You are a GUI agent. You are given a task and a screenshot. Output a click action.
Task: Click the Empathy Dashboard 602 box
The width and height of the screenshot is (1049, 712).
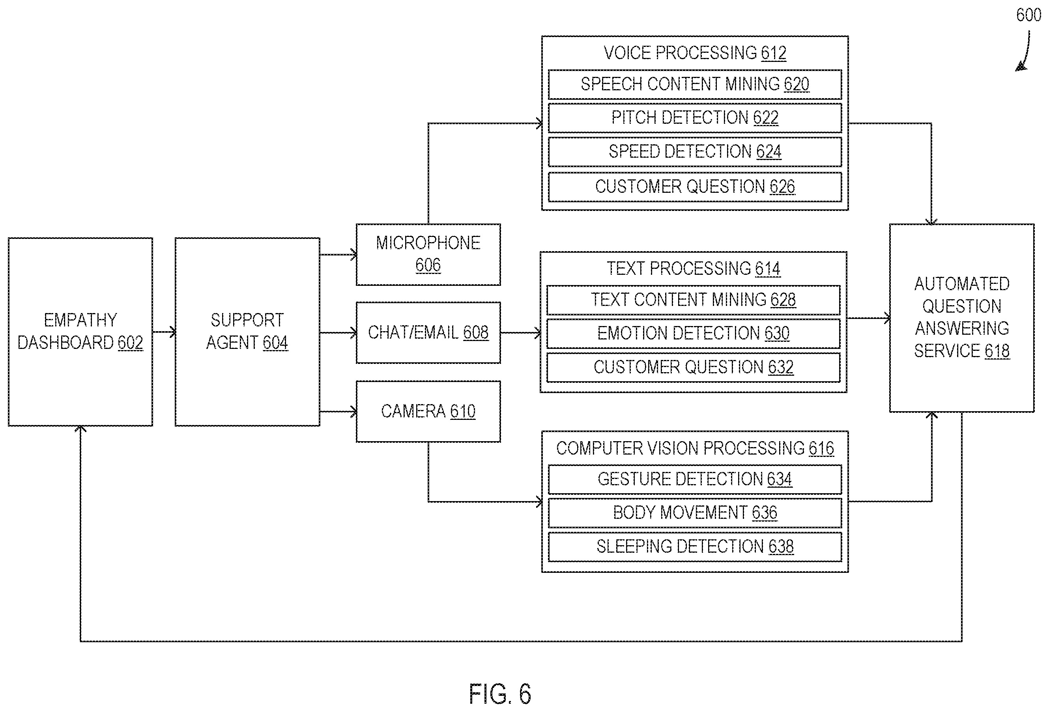tap(80, 332)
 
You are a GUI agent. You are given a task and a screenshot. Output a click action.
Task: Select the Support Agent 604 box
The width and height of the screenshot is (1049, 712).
tap(247, 332)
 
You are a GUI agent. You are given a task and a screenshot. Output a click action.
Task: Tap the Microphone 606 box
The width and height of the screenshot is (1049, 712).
tap(428, 254)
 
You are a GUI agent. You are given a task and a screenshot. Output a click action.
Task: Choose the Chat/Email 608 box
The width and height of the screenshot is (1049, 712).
tap(428, 332)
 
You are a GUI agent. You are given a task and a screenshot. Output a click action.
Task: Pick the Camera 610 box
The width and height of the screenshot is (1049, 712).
tap(428, 412)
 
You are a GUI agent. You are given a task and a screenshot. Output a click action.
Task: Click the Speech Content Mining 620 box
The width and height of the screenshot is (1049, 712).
tap(695, 84)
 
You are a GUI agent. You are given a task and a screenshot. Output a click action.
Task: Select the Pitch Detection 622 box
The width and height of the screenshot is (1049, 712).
tap(695, 118)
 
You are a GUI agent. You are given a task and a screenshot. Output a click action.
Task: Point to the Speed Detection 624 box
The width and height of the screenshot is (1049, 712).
tap(695, 152)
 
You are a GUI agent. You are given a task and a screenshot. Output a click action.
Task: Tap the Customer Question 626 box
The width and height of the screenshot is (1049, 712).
tap(695, 187)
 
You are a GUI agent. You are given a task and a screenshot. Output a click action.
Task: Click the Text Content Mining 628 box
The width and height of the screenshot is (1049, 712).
tap(693, 300)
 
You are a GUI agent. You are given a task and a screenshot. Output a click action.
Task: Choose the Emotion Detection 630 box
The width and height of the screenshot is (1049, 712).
tap(693, 334)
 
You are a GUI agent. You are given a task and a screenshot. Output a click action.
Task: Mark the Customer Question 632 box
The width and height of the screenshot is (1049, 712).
tap(693, 367)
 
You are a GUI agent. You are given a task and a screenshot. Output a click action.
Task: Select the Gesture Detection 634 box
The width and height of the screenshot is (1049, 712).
tap(695, 479)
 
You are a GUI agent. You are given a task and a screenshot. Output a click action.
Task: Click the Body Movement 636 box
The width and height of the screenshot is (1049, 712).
tap(695, 513)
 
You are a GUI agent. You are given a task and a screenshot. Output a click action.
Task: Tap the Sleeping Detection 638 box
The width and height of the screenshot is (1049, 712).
tap(695, 547)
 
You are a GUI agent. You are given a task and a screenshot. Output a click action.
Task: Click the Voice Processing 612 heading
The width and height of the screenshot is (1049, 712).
tap(695, 53)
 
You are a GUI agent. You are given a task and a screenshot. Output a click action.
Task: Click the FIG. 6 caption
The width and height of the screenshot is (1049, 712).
tap(500, 694)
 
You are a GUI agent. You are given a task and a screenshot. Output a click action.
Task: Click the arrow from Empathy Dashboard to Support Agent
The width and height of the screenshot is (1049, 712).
tap(164, 332)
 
